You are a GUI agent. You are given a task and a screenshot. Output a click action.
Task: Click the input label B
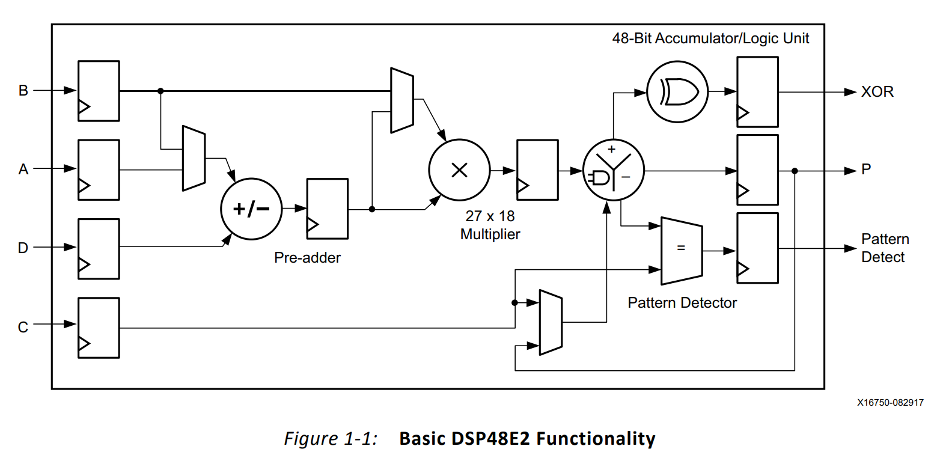(23, 91)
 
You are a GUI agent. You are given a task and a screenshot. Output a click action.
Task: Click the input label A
(23, 169)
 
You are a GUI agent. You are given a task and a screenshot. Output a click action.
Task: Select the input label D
(23, 248)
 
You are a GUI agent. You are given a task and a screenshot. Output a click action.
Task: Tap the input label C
(23, 328)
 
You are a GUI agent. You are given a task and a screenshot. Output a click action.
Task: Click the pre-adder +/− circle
(251, 209)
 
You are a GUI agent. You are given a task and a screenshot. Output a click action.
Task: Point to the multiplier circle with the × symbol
(459, 171)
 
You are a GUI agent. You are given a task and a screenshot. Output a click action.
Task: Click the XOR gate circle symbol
(677, 91)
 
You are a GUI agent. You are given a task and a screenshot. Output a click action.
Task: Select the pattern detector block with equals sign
(682, 250)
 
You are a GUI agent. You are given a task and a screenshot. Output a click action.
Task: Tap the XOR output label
(877, 92)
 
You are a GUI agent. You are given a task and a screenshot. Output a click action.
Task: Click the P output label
(866, 170)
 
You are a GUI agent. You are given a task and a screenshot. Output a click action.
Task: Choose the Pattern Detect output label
(885, 248)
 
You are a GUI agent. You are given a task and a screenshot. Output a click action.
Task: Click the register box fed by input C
(99, 328)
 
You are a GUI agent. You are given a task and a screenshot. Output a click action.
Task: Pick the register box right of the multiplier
(537, 170)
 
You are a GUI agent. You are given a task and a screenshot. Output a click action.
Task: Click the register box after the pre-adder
(327, 209)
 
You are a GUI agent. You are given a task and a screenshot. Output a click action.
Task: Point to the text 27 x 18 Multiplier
(490, 225)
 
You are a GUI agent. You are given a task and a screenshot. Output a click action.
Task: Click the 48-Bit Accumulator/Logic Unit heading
(710, 38)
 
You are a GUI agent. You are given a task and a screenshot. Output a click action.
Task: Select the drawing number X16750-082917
(891, 403)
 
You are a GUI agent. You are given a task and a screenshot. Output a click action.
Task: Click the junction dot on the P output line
(795, 171)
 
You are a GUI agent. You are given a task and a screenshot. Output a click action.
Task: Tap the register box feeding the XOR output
(757, 92)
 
